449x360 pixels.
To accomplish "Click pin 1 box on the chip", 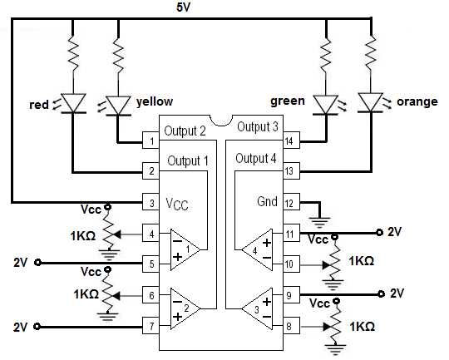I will [x=151, y=141].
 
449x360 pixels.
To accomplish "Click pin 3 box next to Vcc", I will [x=151, y=202].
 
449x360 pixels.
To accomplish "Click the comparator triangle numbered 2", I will [x=185, y=308].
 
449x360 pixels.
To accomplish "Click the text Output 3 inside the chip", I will [x=257, y=126].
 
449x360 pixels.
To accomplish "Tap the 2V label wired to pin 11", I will [x=396, y=231].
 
